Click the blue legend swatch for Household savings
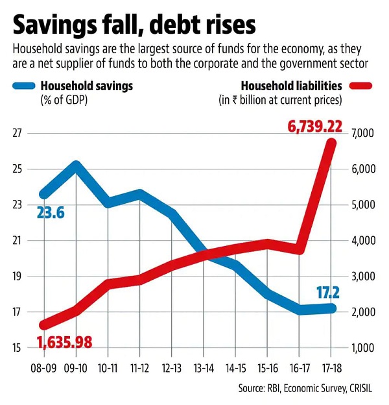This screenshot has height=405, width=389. tap(24, 86)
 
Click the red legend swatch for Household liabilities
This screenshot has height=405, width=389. tap(360, 86)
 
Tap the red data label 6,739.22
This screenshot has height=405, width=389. tap(315, 127)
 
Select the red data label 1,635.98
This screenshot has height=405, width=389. tap(64, 342)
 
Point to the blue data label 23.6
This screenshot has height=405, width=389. tap(51, 213)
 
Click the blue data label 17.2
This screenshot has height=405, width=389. tap(328, 293)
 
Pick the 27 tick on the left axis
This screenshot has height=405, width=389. tap(16, 133)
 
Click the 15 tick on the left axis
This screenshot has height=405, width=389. tap(16, 348)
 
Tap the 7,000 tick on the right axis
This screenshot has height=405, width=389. tap(362, 133)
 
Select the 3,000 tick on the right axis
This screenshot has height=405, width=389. tap(362, 276)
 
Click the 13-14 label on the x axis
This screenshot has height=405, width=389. tap(204, 368)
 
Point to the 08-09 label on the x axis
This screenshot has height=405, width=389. tap(43, 368)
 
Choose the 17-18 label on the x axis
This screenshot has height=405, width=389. tap(331, 368)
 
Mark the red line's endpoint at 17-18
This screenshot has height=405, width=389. tap(331, 143)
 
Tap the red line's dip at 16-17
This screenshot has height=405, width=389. tap(300, 249)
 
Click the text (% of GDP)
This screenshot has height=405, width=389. tap(64, 100)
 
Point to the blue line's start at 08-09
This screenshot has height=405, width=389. tap(44, 194)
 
